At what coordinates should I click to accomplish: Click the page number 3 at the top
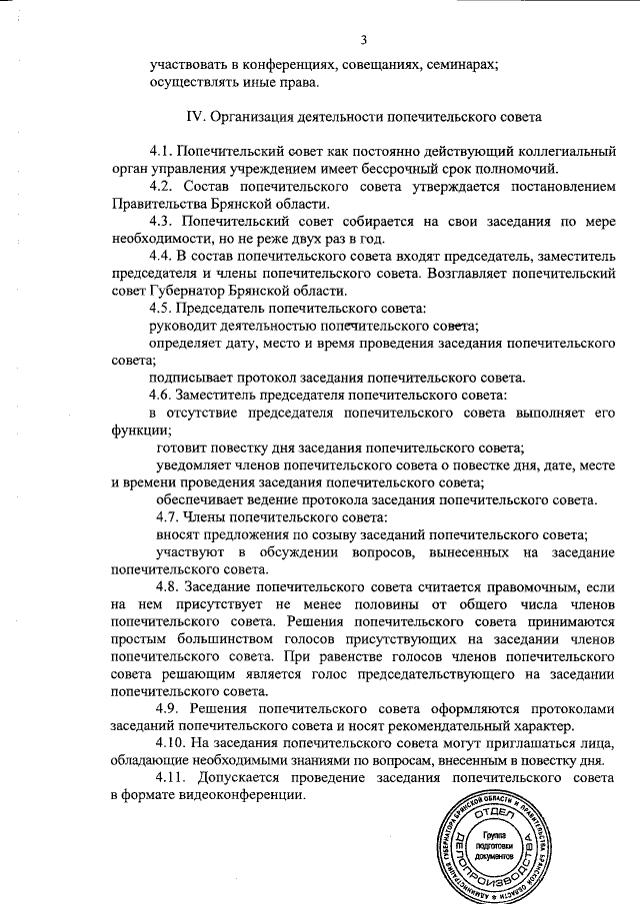(365, 40)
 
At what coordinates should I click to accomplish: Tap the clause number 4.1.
(163, 151)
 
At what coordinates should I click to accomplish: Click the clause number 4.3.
(163, 221)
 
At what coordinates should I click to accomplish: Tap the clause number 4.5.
(163, 308)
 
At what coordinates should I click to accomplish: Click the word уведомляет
(194, 465)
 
